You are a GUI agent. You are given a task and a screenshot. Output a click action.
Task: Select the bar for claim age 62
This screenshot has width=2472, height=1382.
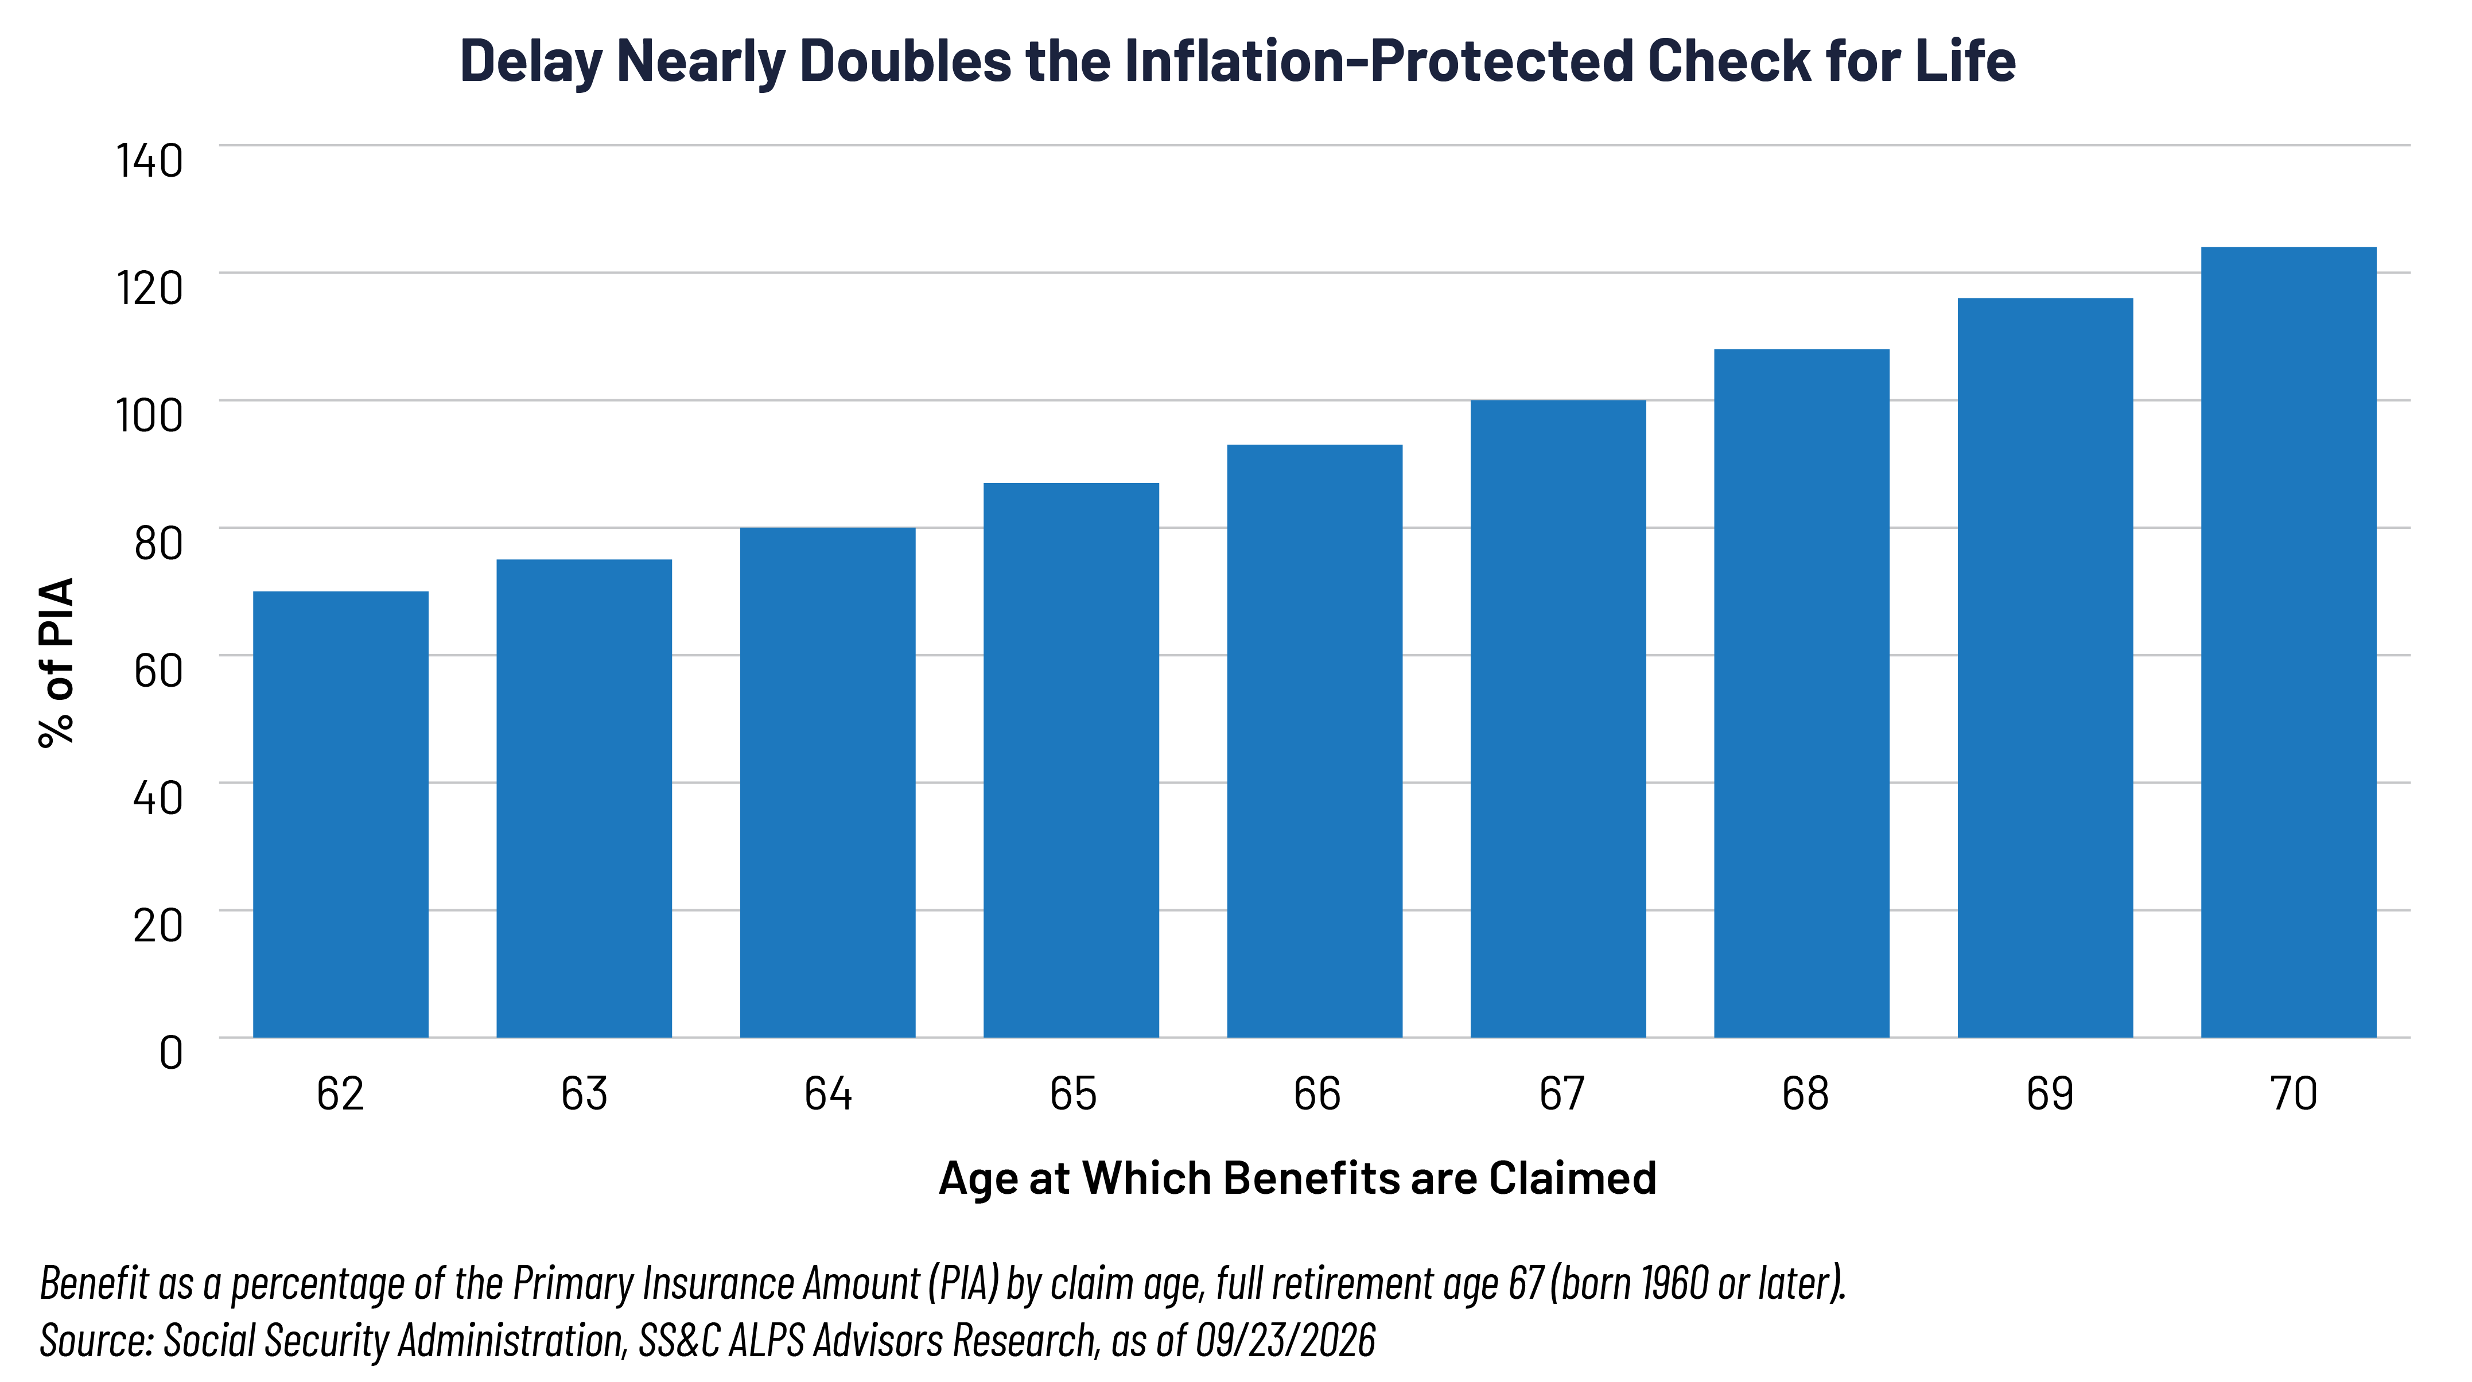point(341,814)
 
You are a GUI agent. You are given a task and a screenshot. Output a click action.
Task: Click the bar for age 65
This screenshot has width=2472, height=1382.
point(1071,760)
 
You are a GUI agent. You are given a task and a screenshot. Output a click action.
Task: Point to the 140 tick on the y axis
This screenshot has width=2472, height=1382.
point(150,160)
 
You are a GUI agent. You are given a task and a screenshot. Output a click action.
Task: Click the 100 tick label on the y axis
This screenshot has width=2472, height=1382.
point(150,415)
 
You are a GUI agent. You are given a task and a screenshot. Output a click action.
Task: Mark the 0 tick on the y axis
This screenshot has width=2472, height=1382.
point(171,1053)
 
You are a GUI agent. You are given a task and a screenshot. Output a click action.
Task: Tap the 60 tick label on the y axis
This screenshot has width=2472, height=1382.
point(158,671)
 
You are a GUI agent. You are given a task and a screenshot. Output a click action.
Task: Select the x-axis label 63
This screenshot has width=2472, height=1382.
point(584,1094)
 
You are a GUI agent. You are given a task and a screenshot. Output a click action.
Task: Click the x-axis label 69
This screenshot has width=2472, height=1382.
point(2050,1094)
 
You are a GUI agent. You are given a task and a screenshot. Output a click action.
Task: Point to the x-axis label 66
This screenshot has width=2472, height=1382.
point(1316,1094)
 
